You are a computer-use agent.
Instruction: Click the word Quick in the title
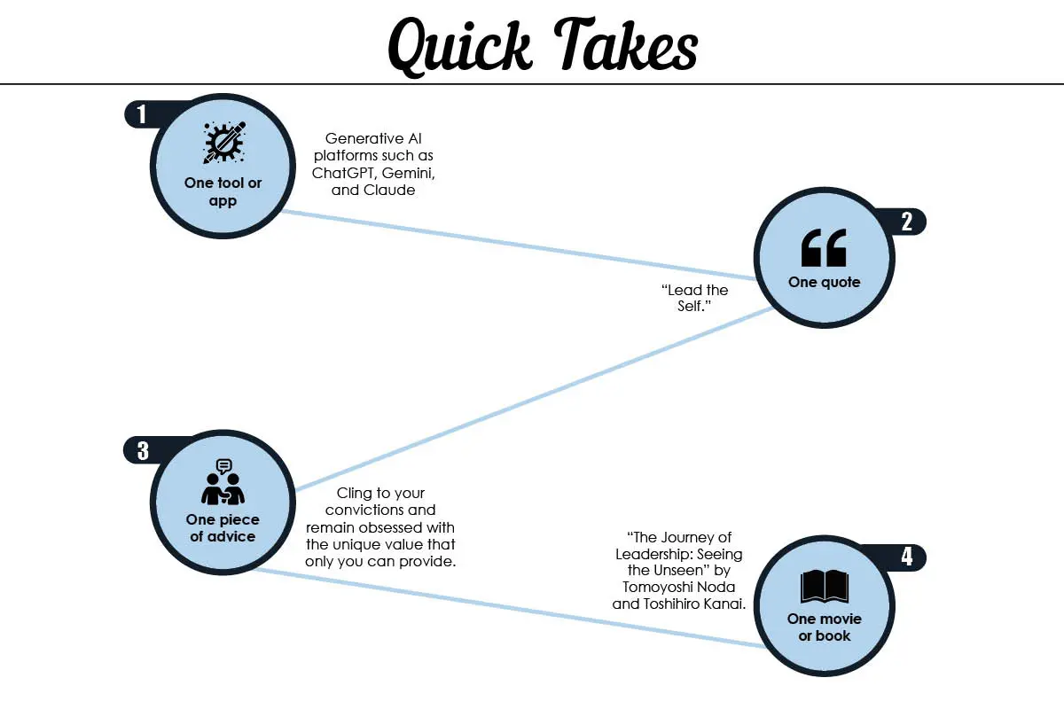459,48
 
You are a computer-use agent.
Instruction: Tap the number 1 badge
141,114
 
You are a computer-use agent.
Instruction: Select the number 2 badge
906,222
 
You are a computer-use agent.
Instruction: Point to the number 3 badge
143,451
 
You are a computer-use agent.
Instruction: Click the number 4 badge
907,557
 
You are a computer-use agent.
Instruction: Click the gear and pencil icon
224,143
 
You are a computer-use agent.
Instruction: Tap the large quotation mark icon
824,247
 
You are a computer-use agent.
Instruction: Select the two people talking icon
223,481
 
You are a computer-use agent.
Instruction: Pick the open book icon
824,586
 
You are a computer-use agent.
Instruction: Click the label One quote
824,282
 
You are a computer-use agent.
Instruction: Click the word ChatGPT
344,173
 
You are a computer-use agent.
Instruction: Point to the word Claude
389,190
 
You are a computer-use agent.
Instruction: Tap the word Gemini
408,174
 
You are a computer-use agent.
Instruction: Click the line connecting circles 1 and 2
519,245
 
